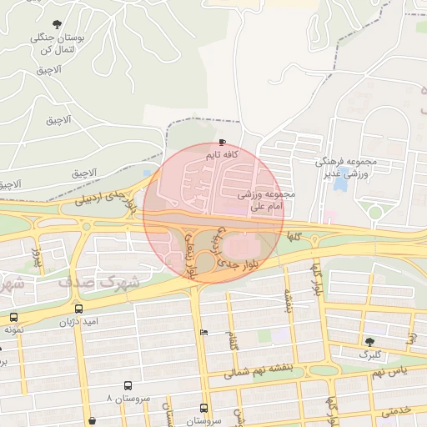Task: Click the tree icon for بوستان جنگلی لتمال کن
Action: pyautogui.click(x=57, y=24)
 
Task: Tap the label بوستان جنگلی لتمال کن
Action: pyautogui.click(x=53, y=43)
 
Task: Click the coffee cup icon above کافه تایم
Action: pyautogui.click(x=222, y=142)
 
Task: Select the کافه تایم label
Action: pyautogui.click(x=223, y=155)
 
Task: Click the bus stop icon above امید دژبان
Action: pyautogui.click(x=78, y=309)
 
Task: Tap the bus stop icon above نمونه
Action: pyautogui.click(x=14, y=317)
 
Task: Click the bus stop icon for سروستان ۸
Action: pyautogui.click(x=128, y=385)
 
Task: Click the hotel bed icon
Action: pyautogui.click(x=204, y=333)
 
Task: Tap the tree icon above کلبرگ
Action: pyautogui.click(x=369, y=341)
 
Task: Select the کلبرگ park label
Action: pyautogui.click(x=369, y=354)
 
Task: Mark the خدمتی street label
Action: pyautogui.click(x=397, y=411)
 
